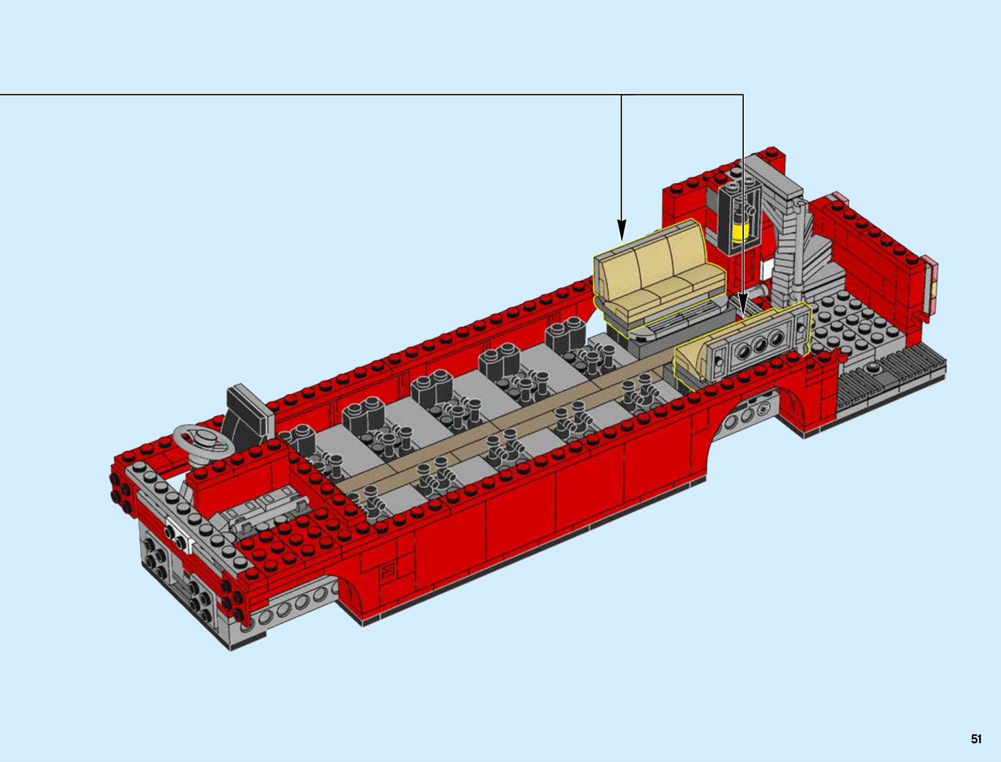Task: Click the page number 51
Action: click(x=976, y=739)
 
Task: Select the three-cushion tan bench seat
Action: click(x=660, y=279)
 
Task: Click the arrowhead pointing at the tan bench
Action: click(x=622, y=230)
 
